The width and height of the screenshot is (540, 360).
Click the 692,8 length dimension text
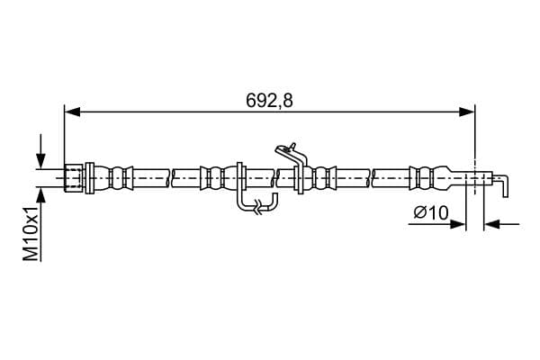tap(269, 101)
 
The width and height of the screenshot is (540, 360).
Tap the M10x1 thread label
tap(31, 234)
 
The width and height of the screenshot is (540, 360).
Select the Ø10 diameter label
tap(431, 212)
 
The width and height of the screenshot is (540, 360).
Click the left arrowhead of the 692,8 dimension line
tap(72, 112)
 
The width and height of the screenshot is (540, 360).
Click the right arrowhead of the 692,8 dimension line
tap(467, 112)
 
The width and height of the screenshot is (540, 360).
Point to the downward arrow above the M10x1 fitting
tap(41, 151)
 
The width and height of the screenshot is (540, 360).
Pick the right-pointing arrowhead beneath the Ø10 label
tap(458, 225)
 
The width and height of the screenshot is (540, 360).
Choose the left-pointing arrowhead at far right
tap(491, 225)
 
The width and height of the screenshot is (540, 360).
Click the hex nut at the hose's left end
tap(74, 178)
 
